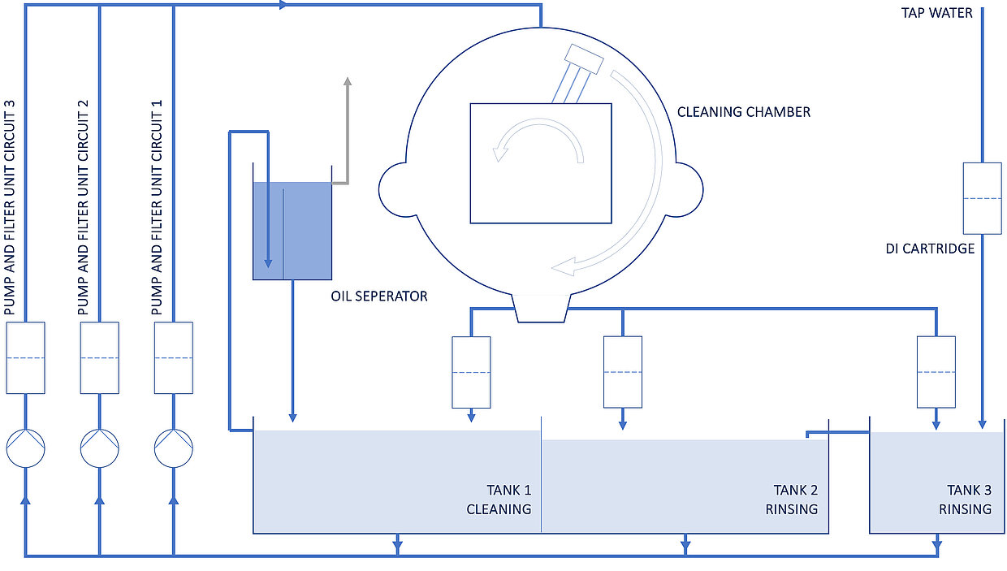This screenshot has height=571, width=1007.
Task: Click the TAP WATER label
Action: (936, 13)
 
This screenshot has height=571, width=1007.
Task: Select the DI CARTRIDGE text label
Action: (930, 249)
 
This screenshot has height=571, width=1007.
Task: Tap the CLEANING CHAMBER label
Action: (744, 112)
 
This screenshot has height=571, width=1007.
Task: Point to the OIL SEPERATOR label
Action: (379, 296)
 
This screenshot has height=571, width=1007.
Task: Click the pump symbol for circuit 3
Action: (26, 448)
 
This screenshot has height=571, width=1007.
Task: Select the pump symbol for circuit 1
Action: (174, 448)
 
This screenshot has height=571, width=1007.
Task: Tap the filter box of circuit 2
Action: (99, 358)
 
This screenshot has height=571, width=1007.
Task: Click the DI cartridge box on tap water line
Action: (983, 198)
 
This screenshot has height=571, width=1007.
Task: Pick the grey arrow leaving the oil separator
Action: (347, 135)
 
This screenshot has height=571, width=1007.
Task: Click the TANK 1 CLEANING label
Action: (499, 500)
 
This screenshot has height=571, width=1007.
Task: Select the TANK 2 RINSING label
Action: (792, 500)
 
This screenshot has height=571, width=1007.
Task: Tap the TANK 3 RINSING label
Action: (966, 500)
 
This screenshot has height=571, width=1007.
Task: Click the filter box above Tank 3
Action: (936, 372)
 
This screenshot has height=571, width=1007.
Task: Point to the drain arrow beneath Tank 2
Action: (685, 544)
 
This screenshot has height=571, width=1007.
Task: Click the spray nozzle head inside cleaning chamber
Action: (584, 59)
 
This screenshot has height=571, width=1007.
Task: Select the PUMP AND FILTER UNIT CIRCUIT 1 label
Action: (157, 207)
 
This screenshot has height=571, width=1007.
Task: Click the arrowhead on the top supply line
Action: (283, 5)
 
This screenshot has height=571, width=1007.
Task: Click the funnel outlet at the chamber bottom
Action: (541, 309)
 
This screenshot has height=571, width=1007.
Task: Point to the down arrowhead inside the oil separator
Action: (268, 263)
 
